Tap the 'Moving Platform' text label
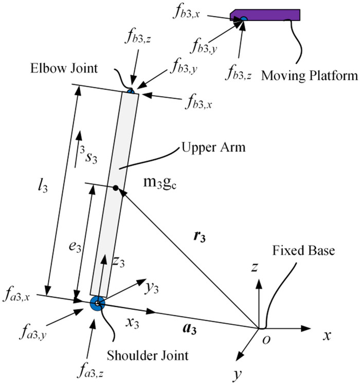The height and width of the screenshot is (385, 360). (x=309, y=77)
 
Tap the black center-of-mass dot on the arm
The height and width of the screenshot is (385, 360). (x=116, y=188)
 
